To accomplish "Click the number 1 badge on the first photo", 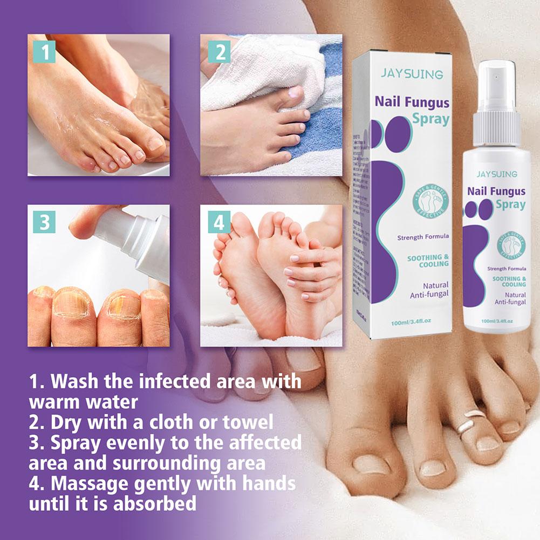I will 44,52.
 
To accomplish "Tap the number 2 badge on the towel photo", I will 220,52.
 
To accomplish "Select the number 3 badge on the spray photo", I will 44,222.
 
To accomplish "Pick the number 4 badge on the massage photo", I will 220,222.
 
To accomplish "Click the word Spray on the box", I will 432,119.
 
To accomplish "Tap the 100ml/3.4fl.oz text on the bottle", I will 496,320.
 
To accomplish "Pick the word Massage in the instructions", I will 91,483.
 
